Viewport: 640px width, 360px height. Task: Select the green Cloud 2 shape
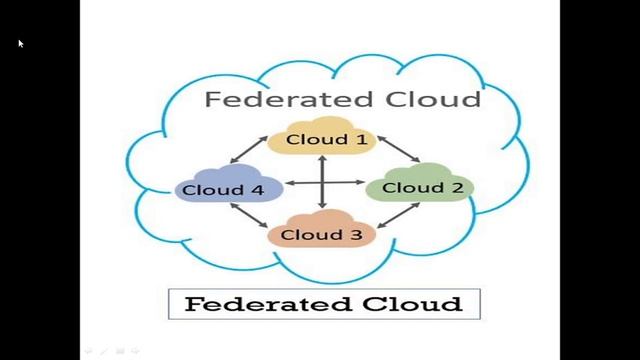(407, 187)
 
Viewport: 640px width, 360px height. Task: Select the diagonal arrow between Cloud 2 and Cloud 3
(397, 223)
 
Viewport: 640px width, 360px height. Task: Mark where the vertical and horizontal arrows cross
(323, 183)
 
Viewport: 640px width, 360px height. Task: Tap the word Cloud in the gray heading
(432, 99)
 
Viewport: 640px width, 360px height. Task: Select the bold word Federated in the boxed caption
(252, 304)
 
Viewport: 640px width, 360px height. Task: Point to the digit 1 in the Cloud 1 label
(360, 139)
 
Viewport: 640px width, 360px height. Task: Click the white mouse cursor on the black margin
(20, 43)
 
